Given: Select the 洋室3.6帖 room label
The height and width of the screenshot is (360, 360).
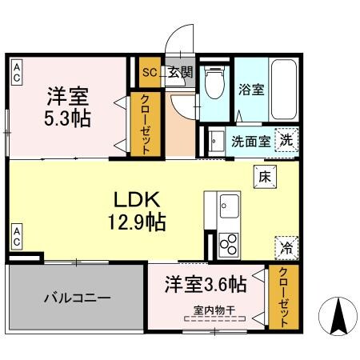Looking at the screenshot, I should click(205, 284).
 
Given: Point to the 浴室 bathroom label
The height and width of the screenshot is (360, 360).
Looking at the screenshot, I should click(251, 90).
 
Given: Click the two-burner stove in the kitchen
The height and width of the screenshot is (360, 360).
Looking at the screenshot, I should click(228, 242).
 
